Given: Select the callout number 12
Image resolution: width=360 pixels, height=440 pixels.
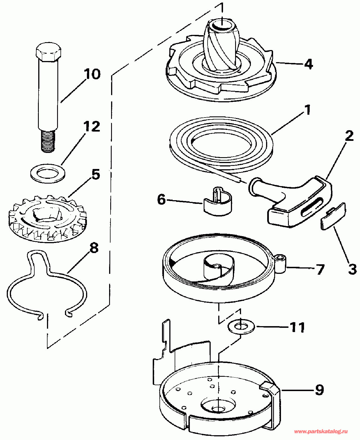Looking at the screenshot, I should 92,127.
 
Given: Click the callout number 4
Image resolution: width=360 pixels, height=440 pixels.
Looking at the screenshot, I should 308,64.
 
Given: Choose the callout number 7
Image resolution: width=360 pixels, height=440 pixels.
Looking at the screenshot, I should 320,269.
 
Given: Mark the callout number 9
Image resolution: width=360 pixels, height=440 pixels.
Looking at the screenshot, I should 319,390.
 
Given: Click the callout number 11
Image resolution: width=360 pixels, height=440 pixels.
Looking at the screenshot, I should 297,328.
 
